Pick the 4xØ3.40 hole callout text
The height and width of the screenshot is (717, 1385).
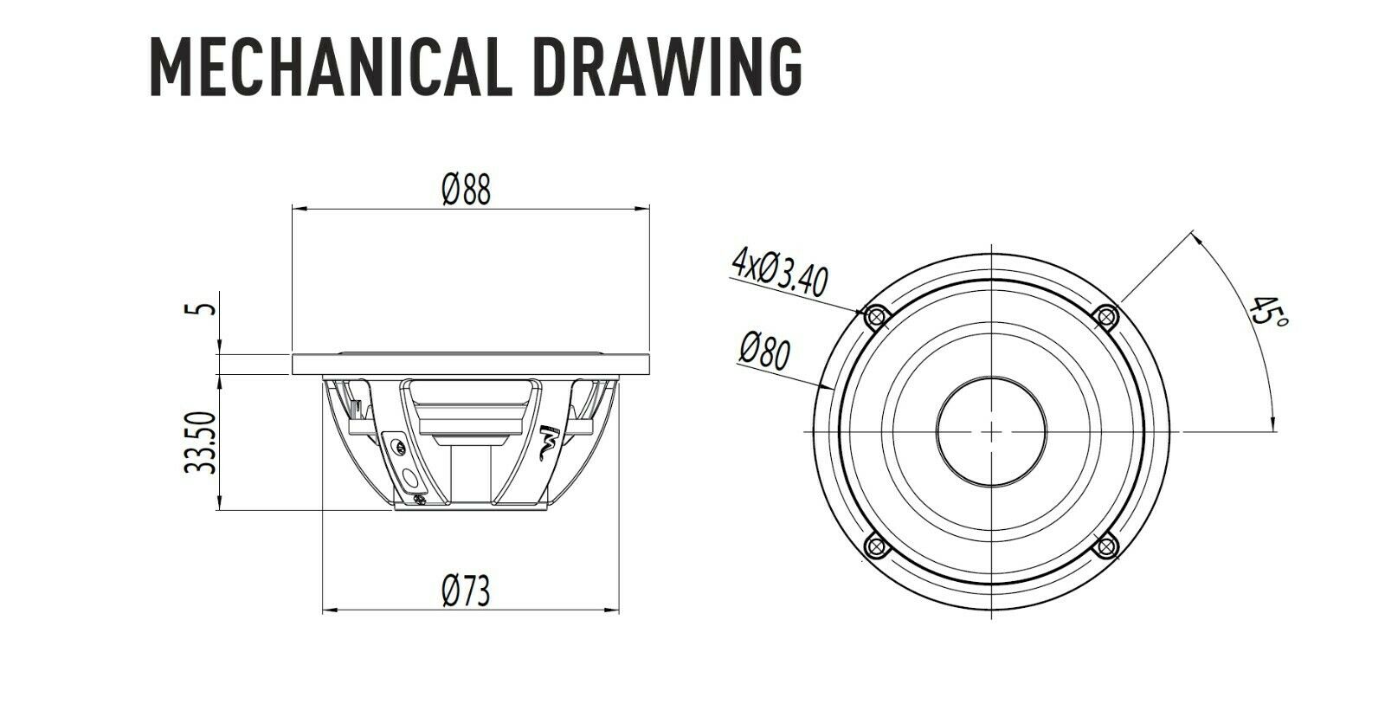pyautogui.click(x=779, y=272)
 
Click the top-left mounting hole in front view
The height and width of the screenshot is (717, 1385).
pyautogui.click(x=875, y=317)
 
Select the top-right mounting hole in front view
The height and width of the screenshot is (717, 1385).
pyautogui.click(x=1105, y=317)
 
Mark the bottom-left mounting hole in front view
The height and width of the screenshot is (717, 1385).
pyautogui.click(x=875, y=546)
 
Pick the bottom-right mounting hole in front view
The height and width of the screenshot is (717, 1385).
pyautogui.click(x=1105, y=546)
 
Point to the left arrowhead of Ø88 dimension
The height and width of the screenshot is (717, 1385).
pyautogui.click(x=297, y=208)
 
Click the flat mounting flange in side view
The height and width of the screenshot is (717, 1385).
pyautogui.click(x=471, y=364)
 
